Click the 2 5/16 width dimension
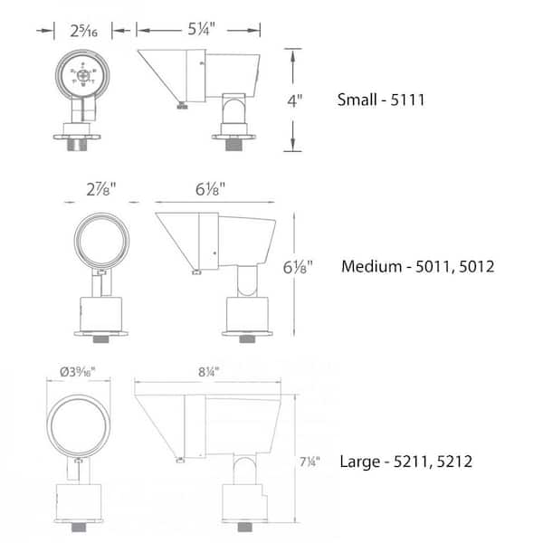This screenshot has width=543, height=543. [x=83, y=31]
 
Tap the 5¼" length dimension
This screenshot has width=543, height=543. [x=202, y=29]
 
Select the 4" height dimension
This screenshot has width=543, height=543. [x=295, y=100]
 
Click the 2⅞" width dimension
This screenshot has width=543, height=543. [x=101, y=189]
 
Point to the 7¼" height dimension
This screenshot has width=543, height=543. [x=310, y=462]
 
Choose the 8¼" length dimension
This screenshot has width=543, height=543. [x=209, y=372]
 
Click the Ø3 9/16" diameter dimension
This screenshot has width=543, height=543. [x=78, y=372]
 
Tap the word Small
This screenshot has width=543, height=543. [x=357, y=100]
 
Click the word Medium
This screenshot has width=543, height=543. [x=372, y=266]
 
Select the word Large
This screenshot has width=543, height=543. [x=360, y=462]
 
